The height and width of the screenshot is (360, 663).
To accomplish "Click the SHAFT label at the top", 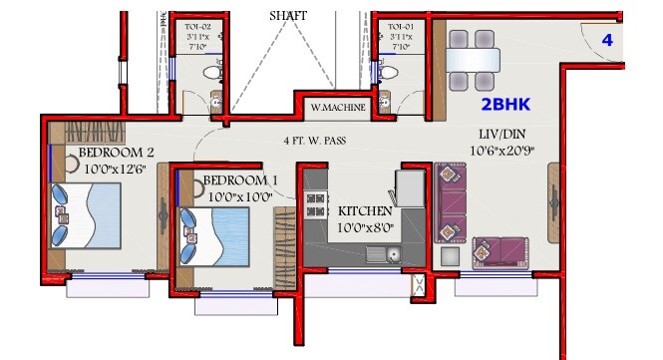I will pyautogui.click(x=288, y=17).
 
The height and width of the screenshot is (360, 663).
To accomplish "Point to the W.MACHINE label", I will pyautogui.click(x=338, y=107).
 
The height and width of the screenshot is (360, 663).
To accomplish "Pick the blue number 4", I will pyautogui.click(x=606, y=40).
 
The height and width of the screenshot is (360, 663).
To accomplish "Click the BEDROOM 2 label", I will pyautogui.click(x=116, y=154).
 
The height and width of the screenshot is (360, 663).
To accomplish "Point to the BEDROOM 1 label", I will pyautogui.click(x=239, y=180).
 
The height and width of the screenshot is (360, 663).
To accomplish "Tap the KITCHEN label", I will pyautogui.click(x=364, y=212).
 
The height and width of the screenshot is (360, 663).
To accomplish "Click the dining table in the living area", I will pyautogui.click(x=472, y=61).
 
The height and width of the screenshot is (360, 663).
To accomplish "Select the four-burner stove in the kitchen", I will pyautogui.click(x=316, y=204).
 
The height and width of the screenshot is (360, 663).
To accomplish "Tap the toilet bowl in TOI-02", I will pyautogui.click(x=210, y=73).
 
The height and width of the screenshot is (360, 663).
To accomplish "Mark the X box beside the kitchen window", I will pyautogui.click(x=420, y=287).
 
